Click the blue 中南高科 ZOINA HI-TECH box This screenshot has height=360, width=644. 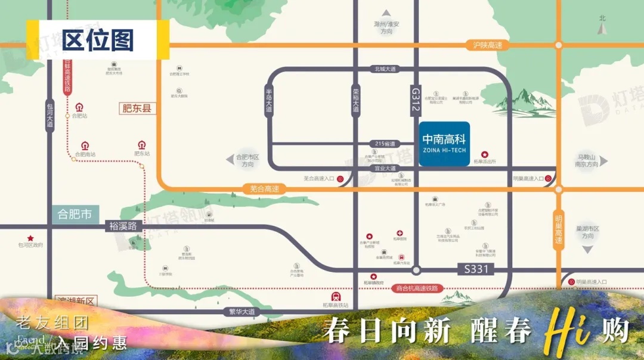[444, 142]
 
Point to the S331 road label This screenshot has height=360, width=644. [476, 269]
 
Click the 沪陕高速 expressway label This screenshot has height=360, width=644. [488, 45]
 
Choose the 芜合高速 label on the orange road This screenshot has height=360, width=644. [264, 189]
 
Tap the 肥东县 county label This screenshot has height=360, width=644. [137, 108]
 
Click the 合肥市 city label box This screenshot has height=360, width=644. [75, 214]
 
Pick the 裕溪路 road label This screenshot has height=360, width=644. [123, 226]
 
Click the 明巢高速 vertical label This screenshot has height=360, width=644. [559, 229]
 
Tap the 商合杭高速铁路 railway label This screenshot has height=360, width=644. [417, 288]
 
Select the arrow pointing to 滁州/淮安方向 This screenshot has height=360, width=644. [386, 13]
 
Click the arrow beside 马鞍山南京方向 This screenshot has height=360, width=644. [603, 161]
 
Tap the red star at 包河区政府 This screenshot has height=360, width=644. [30, 237]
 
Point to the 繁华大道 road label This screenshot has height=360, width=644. [241, 312]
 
